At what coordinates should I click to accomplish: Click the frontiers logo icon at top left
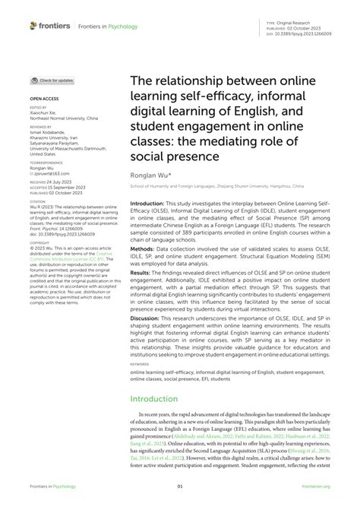[x=33, y=25]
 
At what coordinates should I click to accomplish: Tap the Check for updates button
[x=52, y=80]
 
